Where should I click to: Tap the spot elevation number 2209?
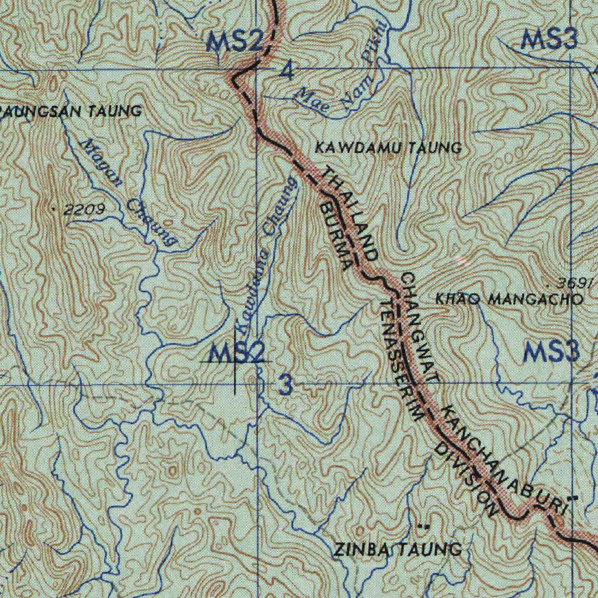pyautogui.click(x=85, y=209)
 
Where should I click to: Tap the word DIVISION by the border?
pyautogui.click(x=467, y=480)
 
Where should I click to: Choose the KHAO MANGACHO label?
pyautogui.click(x=509, y=300)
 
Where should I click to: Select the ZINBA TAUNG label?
pyautogui.click(x=398, y=549)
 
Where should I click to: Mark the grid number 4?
pyautogui.click(x=287, y=72)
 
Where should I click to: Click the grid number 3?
pyautogui.click(x=286, y=385)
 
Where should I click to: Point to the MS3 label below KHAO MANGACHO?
pyautogui.click(x=551, y=352)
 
